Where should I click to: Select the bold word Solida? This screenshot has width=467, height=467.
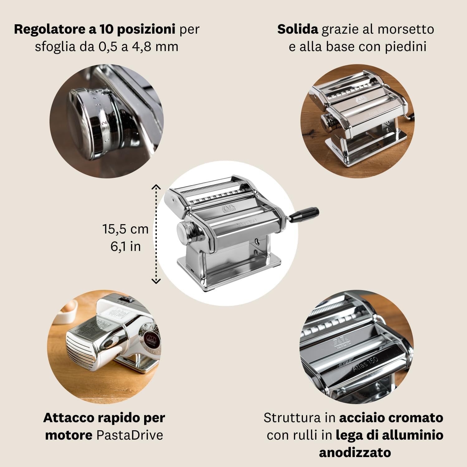pos(298,29)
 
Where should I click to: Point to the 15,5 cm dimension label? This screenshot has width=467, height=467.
pos(125,229)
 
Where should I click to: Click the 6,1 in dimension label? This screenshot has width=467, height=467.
pos(125,247)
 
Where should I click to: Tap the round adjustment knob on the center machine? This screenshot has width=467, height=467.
pos(185,232)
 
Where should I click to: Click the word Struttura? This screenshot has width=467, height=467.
pos(292,418)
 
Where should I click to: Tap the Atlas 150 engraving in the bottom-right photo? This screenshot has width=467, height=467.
pos(366,364)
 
